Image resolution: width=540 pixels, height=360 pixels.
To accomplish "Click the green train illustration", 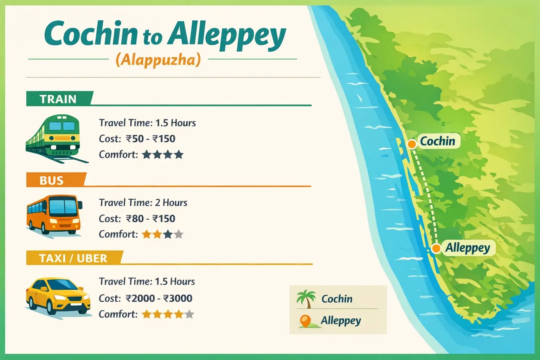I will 54,138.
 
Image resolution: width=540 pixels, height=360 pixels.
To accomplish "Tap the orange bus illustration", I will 54,214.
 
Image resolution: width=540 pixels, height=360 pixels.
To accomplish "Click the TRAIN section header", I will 58,99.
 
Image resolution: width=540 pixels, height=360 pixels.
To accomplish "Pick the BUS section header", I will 52,180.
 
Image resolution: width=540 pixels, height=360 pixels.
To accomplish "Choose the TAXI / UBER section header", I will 73,258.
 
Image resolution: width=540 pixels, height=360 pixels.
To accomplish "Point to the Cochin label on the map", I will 438,141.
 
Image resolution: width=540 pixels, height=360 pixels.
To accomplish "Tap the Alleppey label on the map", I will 468,248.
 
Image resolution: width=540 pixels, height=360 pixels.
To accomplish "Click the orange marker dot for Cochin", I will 411,144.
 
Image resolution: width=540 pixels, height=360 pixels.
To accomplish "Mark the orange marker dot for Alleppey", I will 436,249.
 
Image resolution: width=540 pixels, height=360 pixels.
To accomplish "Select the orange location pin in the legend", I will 306,321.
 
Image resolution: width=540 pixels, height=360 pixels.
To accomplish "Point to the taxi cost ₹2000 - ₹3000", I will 159,298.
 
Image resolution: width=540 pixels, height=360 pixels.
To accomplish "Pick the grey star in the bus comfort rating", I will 179,234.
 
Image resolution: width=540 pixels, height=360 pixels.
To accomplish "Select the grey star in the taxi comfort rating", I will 189,314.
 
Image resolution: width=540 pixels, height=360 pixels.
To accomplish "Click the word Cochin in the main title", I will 91,34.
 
